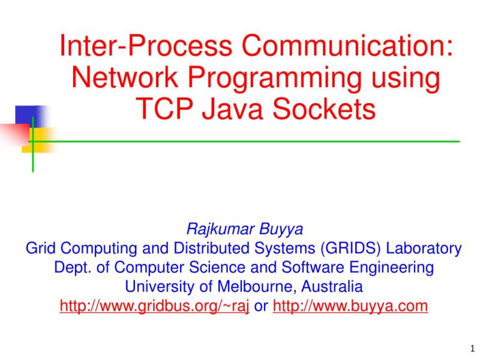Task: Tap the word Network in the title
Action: click(124, 78)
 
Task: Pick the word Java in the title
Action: click(233, 109)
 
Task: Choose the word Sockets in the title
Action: click(324, 109)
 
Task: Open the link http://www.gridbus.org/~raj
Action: click(154, 305)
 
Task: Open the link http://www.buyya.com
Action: click(350, 305)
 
